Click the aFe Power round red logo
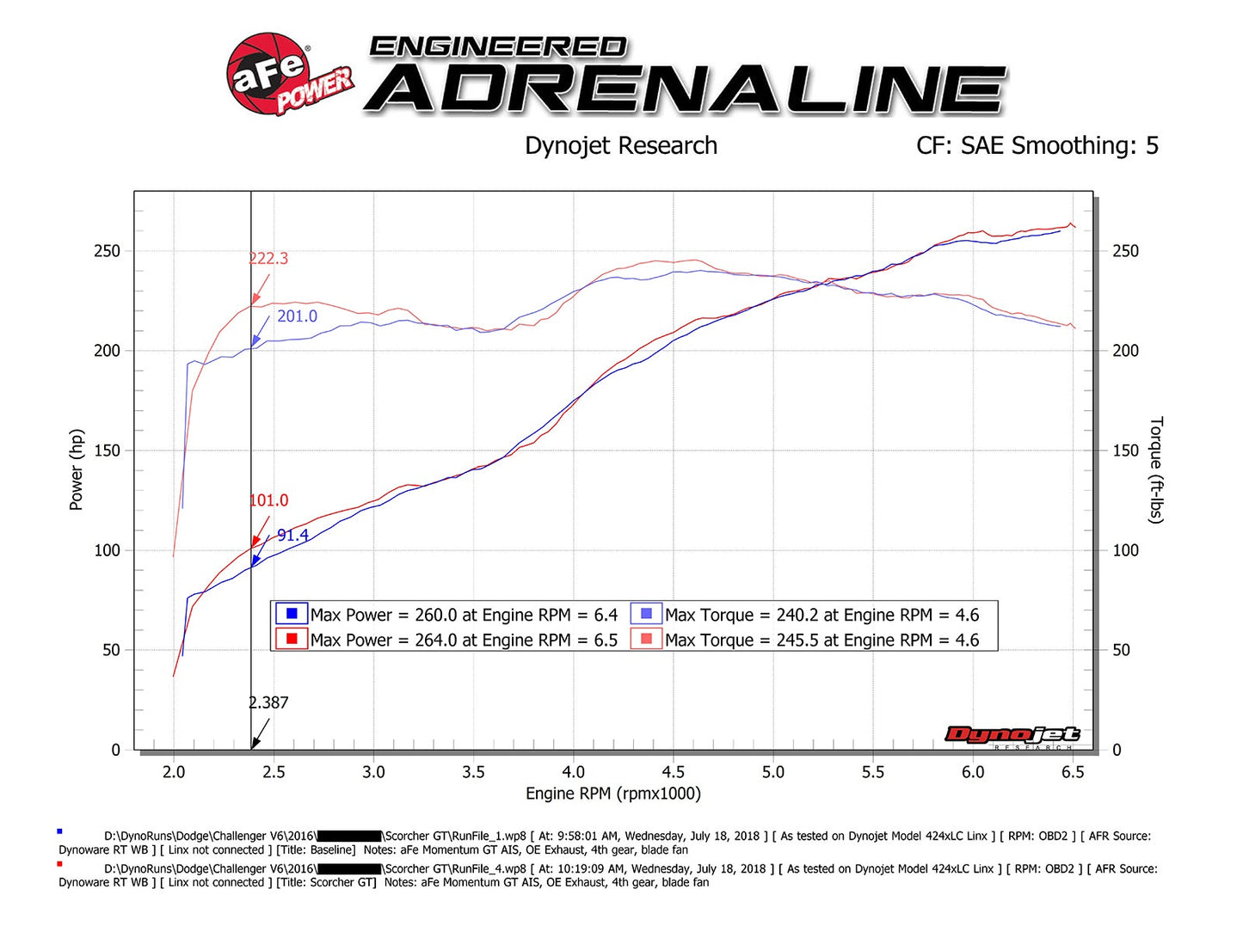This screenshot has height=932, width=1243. (x=268, y=74)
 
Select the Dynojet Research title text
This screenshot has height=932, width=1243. (x=620, y=146)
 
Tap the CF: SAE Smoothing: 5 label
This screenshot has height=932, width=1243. (x=1037, y=146)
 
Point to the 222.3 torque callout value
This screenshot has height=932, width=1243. (x=268, y=259)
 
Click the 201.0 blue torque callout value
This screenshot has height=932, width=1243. (x=297, y=316)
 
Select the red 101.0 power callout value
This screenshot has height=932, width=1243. (x=268, y=500)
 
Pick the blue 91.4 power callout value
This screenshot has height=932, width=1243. (x=292, y=536)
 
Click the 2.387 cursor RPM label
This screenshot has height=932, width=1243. (x=268, y=702)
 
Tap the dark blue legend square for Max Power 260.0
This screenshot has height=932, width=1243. (x=292, y=614)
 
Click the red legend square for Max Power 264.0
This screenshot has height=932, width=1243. (x=292, y=639)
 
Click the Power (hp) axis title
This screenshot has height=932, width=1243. (x=77, y=469)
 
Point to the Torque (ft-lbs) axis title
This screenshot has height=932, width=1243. (x=1156, y=469)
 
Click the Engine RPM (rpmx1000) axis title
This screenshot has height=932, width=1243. (x=613, y=794)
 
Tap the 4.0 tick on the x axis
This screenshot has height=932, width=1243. (x=573, y=772)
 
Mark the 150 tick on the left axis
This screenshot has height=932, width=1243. (x=108, y=451)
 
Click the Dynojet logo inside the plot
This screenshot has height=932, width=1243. (x=1012, y=735)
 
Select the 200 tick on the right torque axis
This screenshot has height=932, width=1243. (x=1125, y=351)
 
